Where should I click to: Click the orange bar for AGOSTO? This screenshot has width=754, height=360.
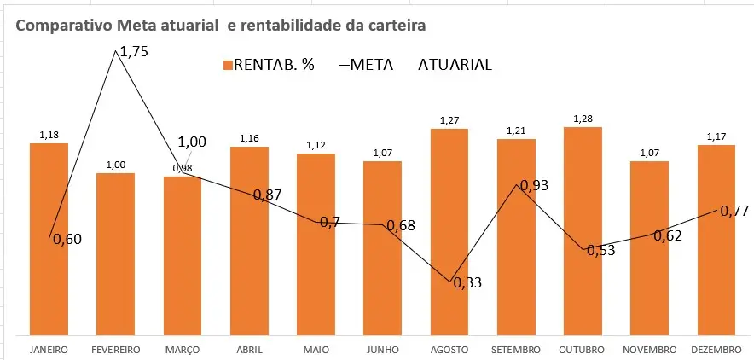pos(449,230)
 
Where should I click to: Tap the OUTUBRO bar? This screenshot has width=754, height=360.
pos(583,230)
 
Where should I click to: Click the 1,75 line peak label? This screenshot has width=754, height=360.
pos(134,52)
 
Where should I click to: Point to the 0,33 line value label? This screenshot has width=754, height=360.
pos(467,283)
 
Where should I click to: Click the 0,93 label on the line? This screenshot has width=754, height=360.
pos(534,185)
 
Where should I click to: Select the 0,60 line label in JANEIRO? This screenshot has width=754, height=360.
pos(67,240)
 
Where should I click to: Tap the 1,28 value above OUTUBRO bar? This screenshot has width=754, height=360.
pos(583,119)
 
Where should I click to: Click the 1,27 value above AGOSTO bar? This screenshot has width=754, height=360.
pos(449,120)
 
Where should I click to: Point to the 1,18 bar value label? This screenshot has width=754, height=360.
pos(49,135)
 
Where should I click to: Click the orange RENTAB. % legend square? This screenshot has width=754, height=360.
pos(227,66)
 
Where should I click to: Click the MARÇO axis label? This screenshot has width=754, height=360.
pos(182,350)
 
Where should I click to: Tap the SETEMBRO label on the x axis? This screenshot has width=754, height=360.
pos(516,350)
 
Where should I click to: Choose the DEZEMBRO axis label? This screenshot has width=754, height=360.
pos(716,350)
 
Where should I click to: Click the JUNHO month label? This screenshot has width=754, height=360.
pos(382,350)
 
